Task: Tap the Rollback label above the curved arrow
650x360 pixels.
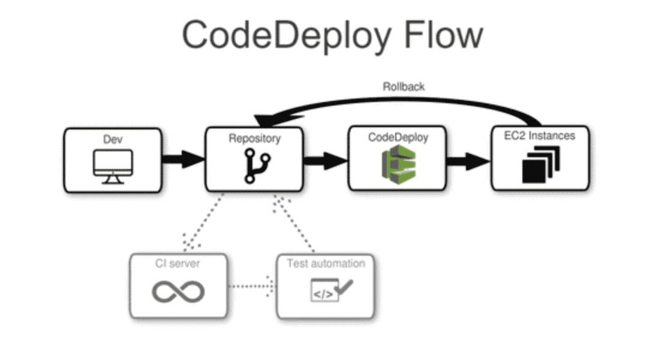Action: coord(404,86)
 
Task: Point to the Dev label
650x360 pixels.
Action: coord(113,139)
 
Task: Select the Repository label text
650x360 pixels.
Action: coord(254,139)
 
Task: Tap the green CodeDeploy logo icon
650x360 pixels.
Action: coord(398,165)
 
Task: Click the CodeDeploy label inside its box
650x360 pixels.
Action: coord(398,138)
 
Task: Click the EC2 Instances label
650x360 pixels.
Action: coord(539,136)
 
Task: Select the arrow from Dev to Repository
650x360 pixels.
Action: coord(183,160)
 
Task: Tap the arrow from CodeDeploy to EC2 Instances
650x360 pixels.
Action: coord(469,160)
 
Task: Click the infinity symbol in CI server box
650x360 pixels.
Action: coord(178,292)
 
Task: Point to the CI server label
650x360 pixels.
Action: coord(178,263)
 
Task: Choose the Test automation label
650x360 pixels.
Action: coord(325,263)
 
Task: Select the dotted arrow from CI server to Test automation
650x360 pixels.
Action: coord(252,286)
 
